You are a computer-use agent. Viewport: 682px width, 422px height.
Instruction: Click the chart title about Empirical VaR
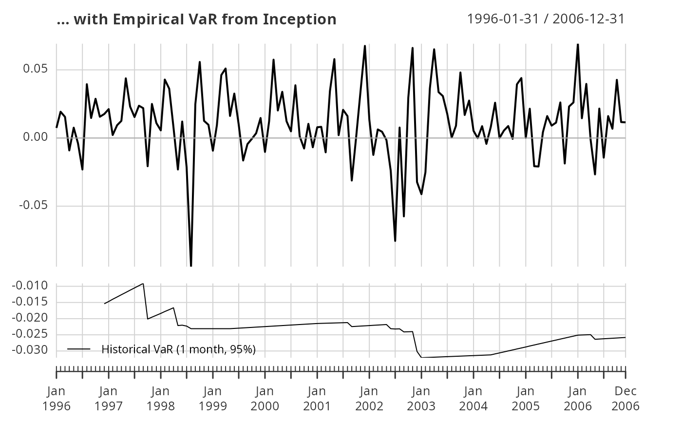[x=196, y=19]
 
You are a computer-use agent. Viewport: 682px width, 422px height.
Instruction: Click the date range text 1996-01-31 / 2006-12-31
[x=546, y=19]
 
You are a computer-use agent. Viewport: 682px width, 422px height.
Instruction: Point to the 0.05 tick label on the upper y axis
[x=36, y=69]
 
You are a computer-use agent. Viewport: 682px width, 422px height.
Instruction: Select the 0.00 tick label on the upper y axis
[x=36, y=137]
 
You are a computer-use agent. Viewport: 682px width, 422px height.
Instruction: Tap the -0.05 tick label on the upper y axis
[x=34, y=206]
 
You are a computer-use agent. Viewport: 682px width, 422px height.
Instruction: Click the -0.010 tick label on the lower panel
[x=30, y=286]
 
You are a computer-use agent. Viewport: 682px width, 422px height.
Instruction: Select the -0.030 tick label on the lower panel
[x=30, y=350]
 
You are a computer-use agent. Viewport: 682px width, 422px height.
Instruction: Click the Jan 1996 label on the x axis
[x=57, y=398]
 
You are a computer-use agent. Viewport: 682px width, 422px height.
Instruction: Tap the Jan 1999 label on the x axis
[x=213, y=398]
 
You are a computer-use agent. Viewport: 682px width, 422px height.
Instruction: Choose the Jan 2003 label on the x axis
[x=421, y=398]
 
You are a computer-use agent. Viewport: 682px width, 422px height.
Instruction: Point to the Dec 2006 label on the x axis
[x=625, y=398]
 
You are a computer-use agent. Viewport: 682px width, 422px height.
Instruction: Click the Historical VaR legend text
[x=178, y=349]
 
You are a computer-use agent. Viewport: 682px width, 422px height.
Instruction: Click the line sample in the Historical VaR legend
[x=79, y=349]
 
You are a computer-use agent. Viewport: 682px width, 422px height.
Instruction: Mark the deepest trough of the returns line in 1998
[x=191, y=266]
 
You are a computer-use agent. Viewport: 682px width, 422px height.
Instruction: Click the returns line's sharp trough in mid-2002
[x=395, y=241]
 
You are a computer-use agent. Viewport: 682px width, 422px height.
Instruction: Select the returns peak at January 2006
[x=578, y=44]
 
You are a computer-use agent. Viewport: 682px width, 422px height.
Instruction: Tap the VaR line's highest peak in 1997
[x=143, y=284]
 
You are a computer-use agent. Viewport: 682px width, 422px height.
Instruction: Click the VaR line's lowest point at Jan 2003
[x=421, y=357]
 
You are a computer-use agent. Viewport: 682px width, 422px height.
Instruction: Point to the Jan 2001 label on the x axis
[x=317, y=398]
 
